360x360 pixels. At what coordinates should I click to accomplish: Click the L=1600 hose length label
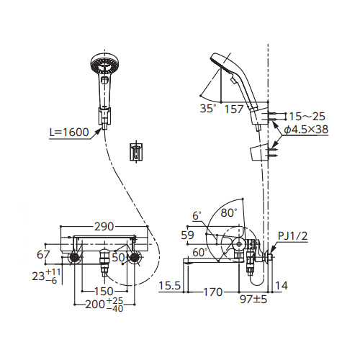[69, 132]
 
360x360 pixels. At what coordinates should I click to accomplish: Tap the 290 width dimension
[104, 227]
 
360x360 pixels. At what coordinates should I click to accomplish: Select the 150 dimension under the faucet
[104, 292]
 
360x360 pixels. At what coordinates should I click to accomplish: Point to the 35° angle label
[208, 109]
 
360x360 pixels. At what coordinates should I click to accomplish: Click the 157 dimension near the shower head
[234, 109]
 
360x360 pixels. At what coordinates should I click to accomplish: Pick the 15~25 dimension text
[307, 117]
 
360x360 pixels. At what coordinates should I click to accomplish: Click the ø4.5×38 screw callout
[306, 130]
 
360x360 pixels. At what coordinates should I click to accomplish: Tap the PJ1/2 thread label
[292, 236]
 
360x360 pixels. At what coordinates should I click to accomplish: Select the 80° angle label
[229, 213]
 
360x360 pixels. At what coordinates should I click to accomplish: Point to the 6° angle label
[197, 216]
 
